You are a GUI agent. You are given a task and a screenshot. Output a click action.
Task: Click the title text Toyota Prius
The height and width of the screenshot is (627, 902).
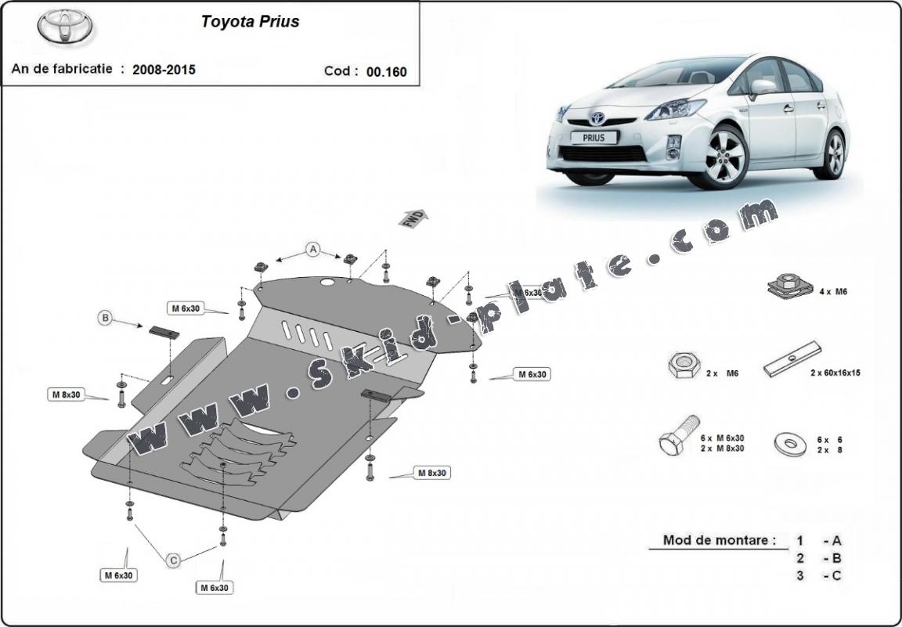tap(250, 22)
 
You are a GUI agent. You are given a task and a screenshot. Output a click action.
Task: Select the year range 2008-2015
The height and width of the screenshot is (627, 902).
tap(164, 70)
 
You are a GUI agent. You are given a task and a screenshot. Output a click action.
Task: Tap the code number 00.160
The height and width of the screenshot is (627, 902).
tap(387, 71)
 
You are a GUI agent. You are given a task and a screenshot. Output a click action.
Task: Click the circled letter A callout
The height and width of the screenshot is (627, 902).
tap(313, 250)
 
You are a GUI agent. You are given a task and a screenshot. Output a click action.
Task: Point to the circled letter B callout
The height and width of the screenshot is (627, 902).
tap(105, 318)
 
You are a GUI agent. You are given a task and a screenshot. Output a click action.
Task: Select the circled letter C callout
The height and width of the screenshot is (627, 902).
tap(174, 559)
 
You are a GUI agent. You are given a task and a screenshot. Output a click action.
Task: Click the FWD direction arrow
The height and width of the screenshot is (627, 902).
tap(413, 218)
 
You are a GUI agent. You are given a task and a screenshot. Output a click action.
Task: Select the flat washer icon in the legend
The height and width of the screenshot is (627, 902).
tap(788, 443)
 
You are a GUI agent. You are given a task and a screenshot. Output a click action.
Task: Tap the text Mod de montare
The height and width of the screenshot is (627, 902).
tap(720, 540)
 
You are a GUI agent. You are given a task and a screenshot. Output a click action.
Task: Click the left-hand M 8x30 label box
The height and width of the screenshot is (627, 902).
tap(67, 395)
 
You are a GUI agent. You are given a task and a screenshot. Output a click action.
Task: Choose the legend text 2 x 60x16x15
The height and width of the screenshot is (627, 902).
tap(835, 373)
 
